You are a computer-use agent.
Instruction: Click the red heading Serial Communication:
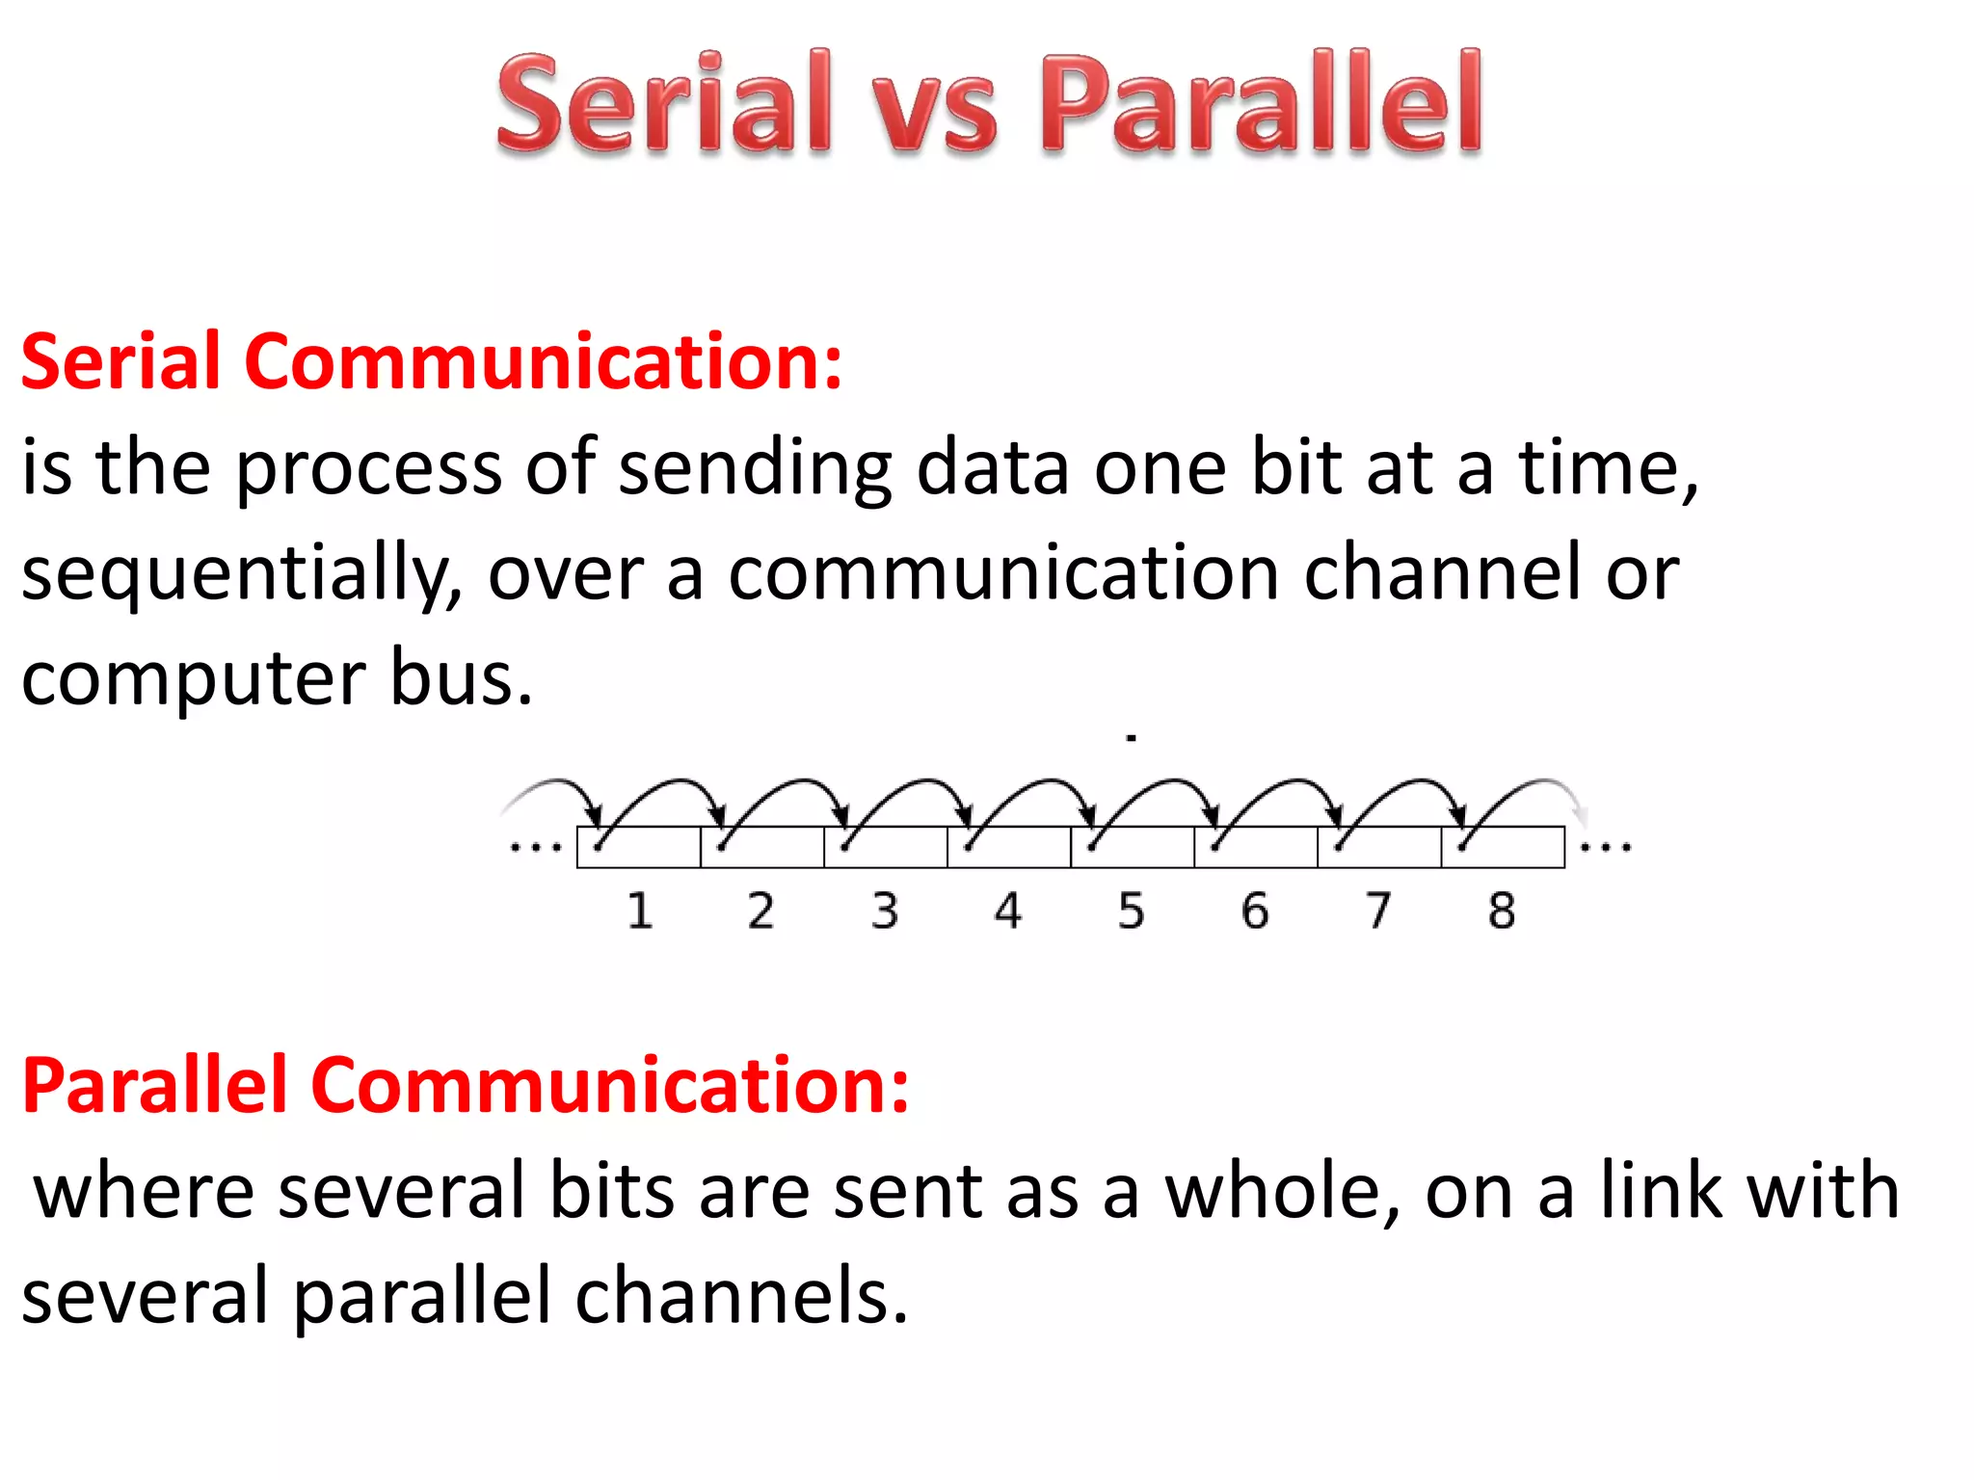pyautogui.click(x=431, y=361)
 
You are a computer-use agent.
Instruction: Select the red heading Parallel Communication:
pyautogui.click(x=465, y=1085)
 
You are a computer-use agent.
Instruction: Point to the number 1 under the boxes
pyautogui.click(x=639, y=911)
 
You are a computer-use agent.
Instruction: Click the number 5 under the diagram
pyautogui.click(x=1132, y=911)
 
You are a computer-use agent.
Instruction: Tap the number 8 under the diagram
pyautogui.click(x=1501, y=911)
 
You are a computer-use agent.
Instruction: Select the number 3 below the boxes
pyautogui.click(x=885, y=911)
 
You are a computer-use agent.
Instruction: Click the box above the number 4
pyautogui.click(x=1008, y=848)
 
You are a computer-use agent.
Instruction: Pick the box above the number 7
pyautogui.click(x=1378, y=848)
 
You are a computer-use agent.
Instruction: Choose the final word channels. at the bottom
pyautogui.click(x=741, y=1297)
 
